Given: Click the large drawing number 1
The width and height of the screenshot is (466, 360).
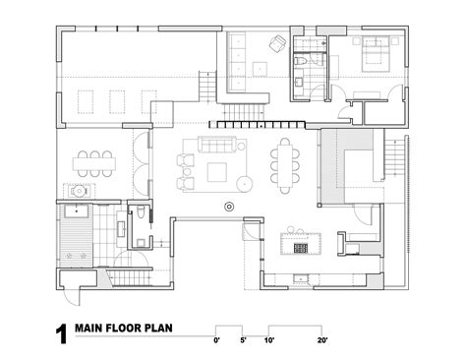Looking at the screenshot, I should tap(61, 333).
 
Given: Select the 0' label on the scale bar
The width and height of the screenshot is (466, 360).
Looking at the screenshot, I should tap(216, 340).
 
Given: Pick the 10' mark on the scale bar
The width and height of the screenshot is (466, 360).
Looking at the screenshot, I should tap(268, 340).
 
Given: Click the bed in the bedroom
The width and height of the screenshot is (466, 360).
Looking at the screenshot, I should tap(377, 54).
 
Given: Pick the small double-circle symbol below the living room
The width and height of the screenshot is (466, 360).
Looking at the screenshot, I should tap(229, 206).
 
